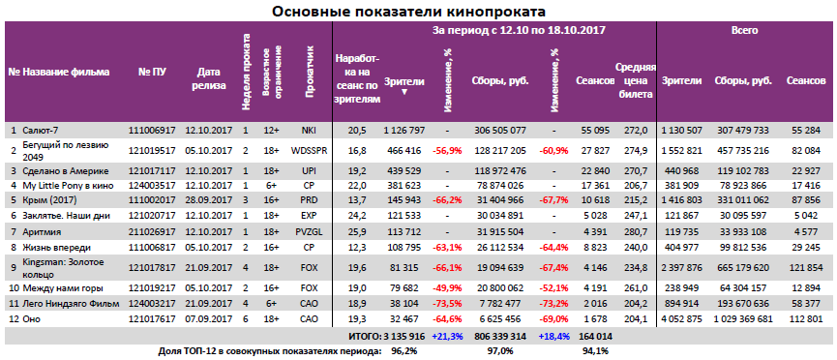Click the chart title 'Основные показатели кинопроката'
click(x=407, y=11)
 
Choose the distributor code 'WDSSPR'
click(x=310, y=149)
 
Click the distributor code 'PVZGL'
click(x=310, y=232)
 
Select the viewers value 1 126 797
click(x=405, y=129)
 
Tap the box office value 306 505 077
click(x=499, y=129)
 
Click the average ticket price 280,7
click(x=633, y=232)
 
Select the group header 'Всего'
click(x=744, y=32)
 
